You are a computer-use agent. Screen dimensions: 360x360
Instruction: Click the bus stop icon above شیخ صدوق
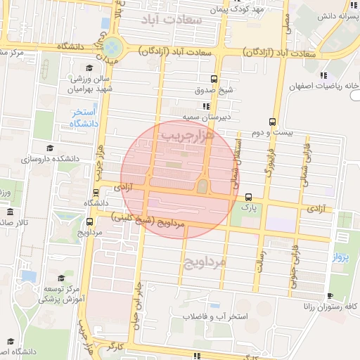(214, 79)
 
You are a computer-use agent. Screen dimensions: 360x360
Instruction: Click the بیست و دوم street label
(271, 133)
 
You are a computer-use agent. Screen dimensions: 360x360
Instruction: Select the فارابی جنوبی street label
(292, 264)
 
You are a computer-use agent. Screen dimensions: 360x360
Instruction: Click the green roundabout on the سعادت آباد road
(113, 48)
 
